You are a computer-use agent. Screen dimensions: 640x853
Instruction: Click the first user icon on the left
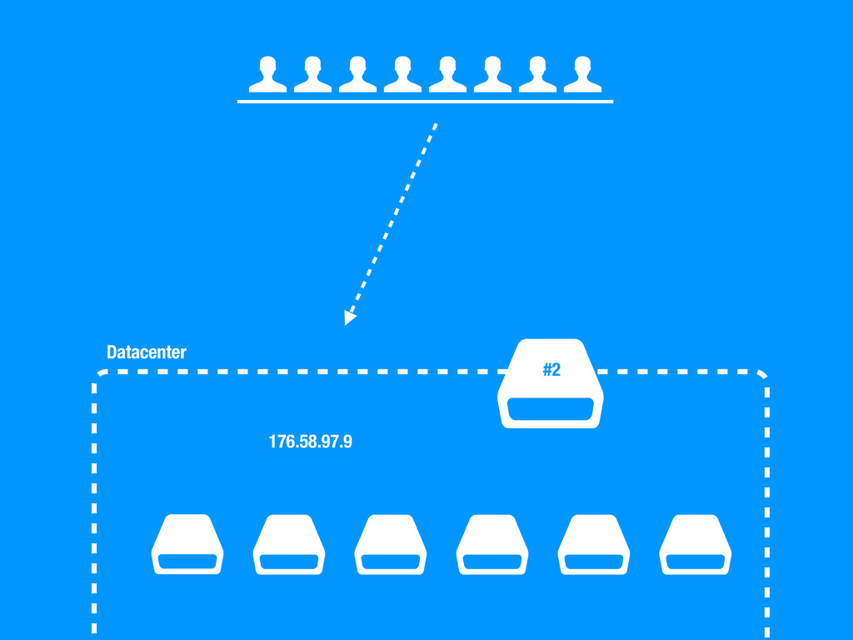click(x=267, y=75)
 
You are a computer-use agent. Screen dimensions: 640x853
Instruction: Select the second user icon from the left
click(x=312, y=75)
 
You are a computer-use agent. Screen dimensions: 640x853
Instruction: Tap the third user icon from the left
click(x=357, y=75)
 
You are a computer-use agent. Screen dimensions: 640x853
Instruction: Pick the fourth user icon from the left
click(x=402, y=75)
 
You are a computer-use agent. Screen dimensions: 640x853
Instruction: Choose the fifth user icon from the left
click(x=447, y=75)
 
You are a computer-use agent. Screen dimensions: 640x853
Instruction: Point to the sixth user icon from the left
click(x=492, y=75)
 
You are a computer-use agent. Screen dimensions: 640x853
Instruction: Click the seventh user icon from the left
click(x=537, y=75)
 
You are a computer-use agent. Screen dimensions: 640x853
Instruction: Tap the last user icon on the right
click(x=582, y=75)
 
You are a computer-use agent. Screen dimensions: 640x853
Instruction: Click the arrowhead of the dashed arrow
click(x=350, y=317)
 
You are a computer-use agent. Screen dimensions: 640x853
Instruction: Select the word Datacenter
click(x=147, y=352)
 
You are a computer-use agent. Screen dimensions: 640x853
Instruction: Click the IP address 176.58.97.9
click(x=310, y=442)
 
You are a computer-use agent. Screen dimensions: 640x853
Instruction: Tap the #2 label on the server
click(x=551, y=369)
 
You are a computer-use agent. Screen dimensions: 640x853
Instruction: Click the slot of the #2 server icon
click(x=550, y=410)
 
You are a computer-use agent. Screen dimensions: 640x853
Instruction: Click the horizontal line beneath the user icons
click(x=425, y=101)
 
